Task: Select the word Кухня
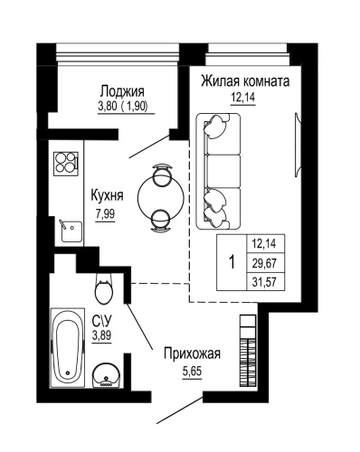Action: (108, 195)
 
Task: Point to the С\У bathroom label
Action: (101, 320)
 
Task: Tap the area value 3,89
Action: (101, 335)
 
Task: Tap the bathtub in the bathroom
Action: (66, 346)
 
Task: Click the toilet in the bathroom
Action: (104, 291)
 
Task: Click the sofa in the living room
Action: (219, 172)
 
